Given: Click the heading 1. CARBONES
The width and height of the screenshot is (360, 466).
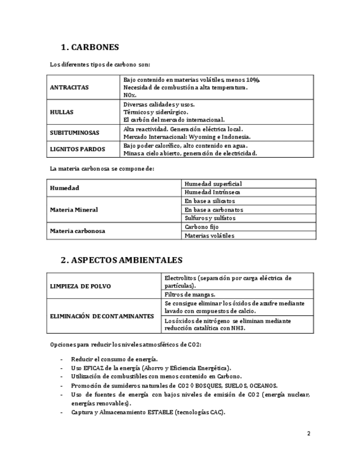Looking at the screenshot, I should (90, 47).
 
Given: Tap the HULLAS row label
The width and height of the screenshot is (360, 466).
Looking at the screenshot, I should (62, 112).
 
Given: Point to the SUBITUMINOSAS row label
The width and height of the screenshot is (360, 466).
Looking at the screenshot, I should (75, 133).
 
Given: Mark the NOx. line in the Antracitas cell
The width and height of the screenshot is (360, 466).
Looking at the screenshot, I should (130, 95).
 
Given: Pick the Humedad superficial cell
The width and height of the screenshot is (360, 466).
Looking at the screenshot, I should (213, 184).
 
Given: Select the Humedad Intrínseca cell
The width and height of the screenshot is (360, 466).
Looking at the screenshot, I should (212, 192).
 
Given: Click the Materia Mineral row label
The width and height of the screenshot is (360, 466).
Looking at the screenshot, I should (74, 209).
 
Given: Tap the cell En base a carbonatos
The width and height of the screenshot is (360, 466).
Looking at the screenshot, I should (214, 209).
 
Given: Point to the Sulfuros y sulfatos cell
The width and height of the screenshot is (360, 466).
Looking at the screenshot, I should (210, 218).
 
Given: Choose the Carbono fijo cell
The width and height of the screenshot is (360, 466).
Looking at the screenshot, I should (202, 226).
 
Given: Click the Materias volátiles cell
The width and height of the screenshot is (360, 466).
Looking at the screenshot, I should (209, 235).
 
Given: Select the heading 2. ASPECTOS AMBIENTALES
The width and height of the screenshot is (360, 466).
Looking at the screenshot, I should (121, 260).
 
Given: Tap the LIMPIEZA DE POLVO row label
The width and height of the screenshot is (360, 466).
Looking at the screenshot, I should (80, 286).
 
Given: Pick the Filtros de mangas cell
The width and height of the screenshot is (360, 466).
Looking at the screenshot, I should (190, 294).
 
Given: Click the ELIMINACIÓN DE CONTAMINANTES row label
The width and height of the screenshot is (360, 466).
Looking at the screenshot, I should (102, 316).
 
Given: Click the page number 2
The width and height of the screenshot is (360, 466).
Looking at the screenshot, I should (309, 434).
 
